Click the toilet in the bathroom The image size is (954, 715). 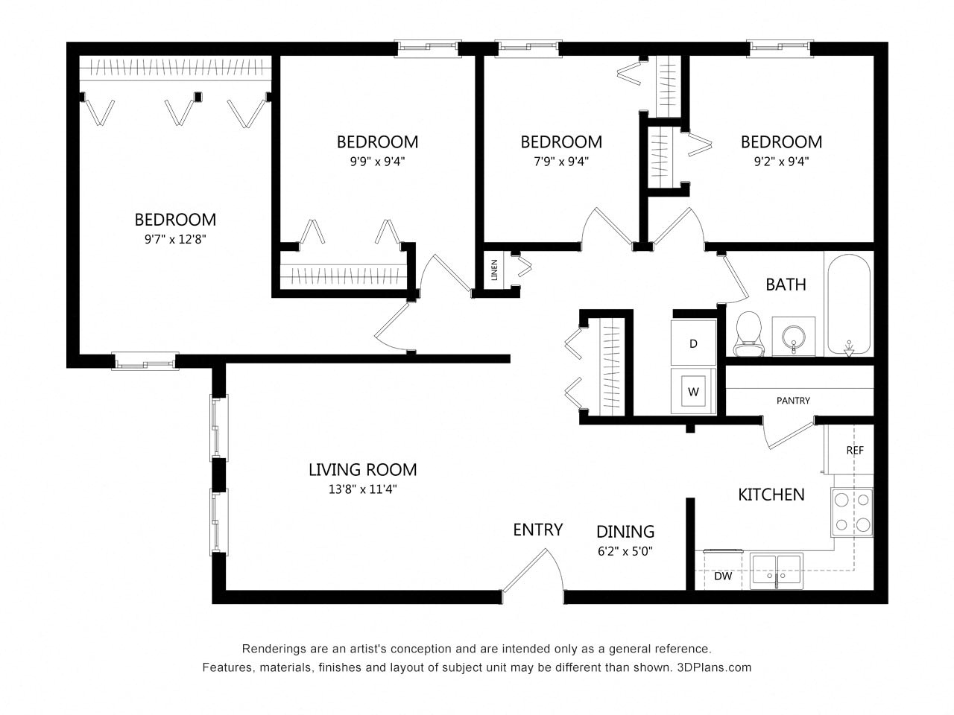[748, 334]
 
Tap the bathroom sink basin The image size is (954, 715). [793, 337]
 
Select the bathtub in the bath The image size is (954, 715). [848, 304]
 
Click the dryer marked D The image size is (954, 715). [693, 343]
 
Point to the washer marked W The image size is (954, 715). [693, 391]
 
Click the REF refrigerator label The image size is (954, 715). [855, 451]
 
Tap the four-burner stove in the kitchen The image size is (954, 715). [852, 512]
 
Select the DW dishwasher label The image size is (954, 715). [722, 576]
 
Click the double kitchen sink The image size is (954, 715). [776, 571]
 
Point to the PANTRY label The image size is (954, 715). [793, 401]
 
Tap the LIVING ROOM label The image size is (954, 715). [362, 470]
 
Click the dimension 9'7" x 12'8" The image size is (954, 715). [175, 239]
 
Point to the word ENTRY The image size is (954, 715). [537, 530]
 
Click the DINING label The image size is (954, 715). [625, 532]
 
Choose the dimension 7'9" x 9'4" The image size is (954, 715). [560, 161]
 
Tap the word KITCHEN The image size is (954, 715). [771, 495]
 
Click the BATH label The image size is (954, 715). [786, 285]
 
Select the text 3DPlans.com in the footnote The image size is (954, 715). [714, 667]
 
